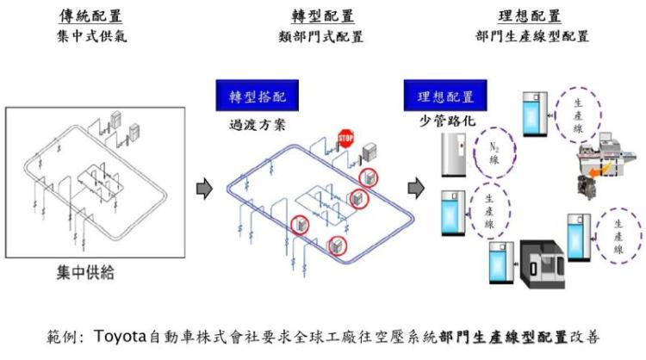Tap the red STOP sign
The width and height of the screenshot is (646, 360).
tap(345, 139)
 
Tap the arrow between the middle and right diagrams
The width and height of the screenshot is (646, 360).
tap(416, 187)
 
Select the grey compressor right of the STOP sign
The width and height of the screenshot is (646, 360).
tap(371, 152)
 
